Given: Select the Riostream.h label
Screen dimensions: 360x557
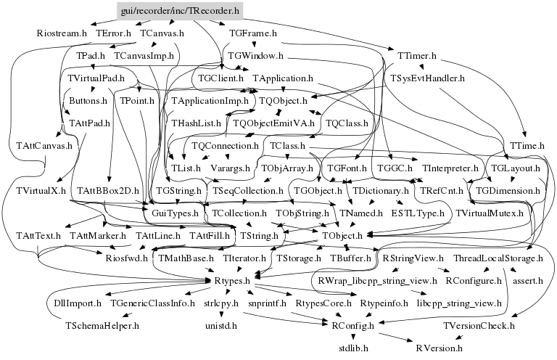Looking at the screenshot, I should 62,33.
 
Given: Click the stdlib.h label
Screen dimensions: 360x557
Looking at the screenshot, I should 354,348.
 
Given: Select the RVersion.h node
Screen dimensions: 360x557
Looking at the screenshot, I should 439,348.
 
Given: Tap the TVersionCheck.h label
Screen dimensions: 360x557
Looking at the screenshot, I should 479,326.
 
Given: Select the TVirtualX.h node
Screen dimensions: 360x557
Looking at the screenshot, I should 41,191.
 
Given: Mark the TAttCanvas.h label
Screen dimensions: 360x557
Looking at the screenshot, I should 45,146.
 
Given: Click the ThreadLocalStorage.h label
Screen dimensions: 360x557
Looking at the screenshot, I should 498,258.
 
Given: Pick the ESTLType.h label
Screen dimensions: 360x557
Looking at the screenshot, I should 417,214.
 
